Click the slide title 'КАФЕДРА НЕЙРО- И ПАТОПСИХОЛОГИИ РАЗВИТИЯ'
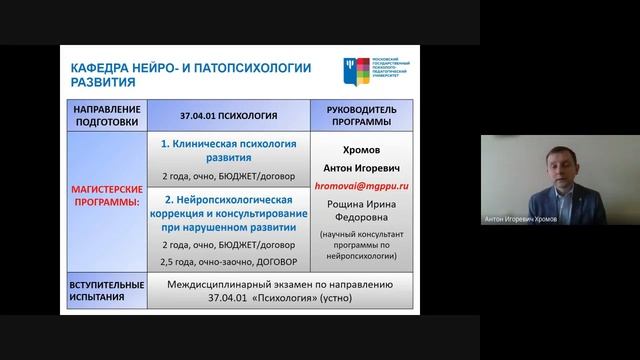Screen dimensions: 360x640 (x=190, y=74)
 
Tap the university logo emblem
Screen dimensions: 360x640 (x=350, y=71)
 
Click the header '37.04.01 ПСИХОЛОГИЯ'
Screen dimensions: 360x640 (x=229, y=113)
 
